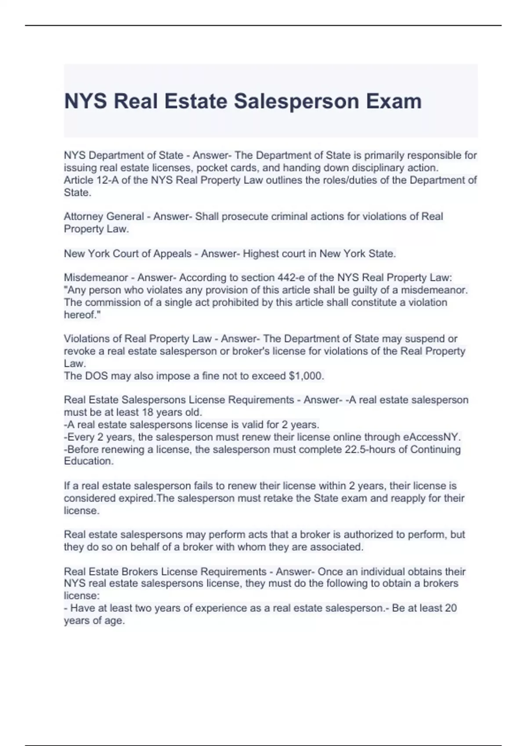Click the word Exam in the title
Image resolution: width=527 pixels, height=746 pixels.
click(394, 101)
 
